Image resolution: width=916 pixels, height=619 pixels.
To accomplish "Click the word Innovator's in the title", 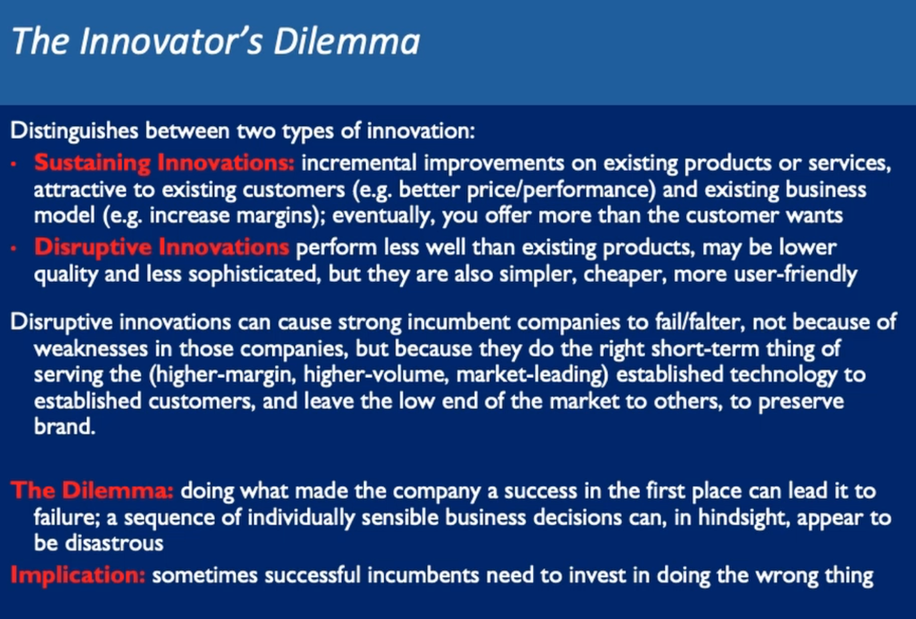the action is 171,41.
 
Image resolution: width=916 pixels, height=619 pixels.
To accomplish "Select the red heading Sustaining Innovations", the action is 164,163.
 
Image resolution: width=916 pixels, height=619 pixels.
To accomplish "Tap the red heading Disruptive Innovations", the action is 162,247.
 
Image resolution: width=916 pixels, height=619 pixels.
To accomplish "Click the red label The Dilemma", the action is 92,491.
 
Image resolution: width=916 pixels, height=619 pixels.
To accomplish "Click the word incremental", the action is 359,163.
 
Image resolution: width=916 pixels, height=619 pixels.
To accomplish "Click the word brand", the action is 65,427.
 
